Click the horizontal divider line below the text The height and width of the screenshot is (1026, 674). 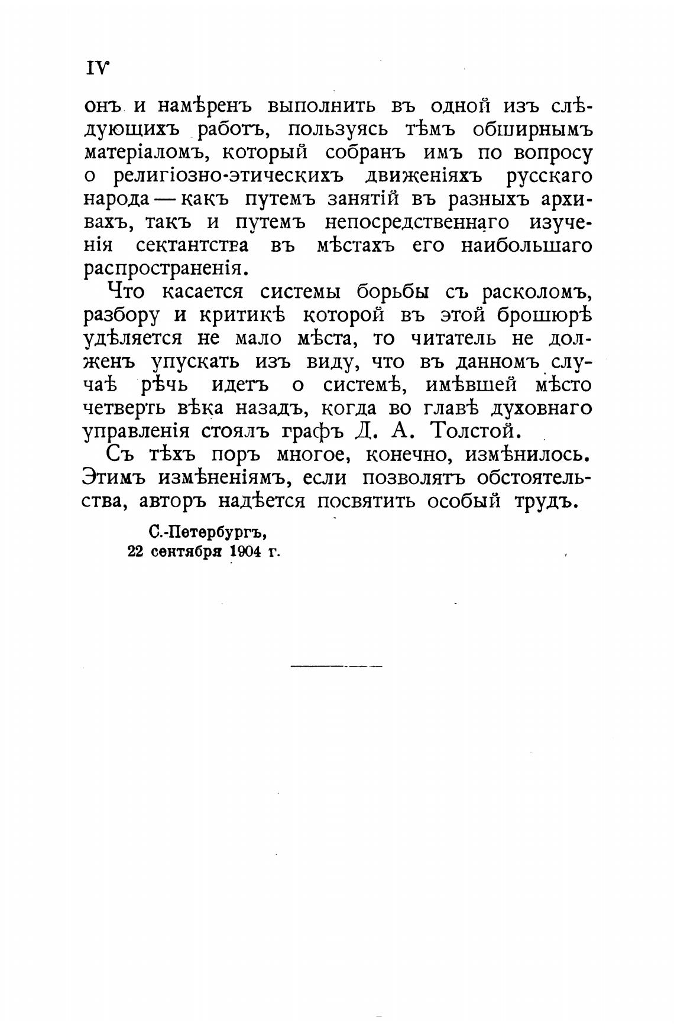(336, 666)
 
